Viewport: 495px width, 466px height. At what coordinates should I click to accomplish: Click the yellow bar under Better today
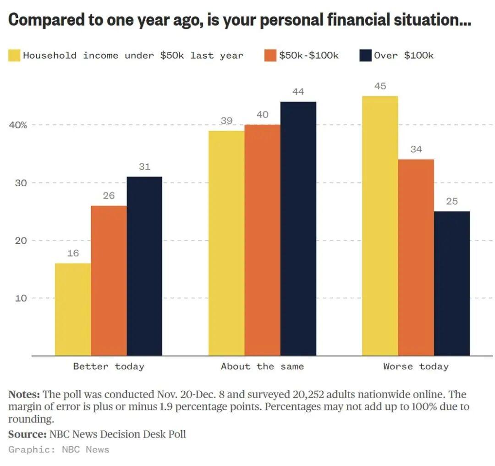coord(73,309)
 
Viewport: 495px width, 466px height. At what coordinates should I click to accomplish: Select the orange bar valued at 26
coord(109,280)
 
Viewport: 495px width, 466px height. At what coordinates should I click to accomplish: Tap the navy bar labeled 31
coord(144,266)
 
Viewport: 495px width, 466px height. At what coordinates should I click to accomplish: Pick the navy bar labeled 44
coord(298,228)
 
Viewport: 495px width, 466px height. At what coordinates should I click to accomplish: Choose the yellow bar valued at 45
coord(380,226)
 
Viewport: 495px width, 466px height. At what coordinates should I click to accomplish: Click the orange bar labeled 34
coord(416,257)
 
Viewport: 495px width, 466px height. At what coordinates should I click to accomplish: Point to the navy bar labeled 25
coord(452,283)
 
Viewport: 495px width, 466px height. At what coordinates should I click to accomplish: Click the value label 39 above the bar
coord(226,121)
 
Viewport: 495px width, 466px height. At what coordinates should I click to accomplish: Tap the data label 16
coord(73,253)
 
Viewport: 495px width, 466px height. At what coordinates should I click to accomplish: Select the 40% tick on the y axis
coord(18,125)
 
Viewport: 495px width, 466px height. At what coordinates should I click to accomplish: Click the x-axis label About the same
coord(262,366)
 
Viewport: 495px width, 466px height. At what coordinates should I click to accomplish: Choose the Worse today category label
coord(416,366)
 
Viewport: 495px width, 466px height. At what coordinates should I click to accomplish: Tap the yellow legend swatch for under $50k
coord(14,55)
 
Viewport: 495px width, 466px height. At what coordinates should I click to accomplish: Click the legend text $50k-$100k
coord(308,55)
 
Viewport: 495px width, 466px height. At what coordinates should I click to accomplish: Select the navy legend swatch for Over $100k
coord(365,55)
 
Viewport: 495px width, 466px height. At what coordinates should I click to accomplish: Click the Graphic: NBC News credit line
coord(59,449)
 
